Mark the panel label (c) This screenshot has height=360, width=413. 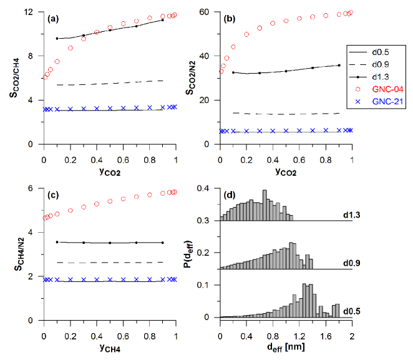click(54, 196)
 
